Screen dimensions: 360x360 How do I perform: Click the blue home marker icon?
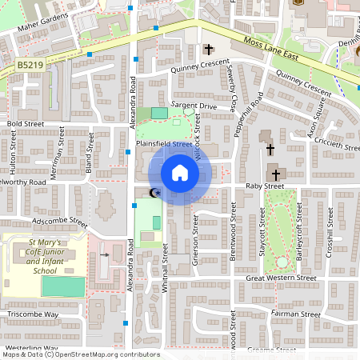click(180, 173)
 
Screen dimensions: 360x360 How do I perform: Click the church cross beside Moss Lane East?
click(209, 49)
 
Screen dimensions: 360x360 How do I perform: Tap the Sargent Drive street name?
click(195, 106)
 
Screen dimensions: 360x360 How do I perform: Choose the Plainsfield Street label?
click(165, 144)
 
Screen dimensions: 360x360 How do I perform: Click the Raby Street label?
click(265, 186)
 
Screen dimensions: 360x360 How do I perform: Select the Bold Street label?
click(25, 125)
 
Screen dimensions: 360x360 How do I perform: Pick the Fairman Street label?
click(295, 314)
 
